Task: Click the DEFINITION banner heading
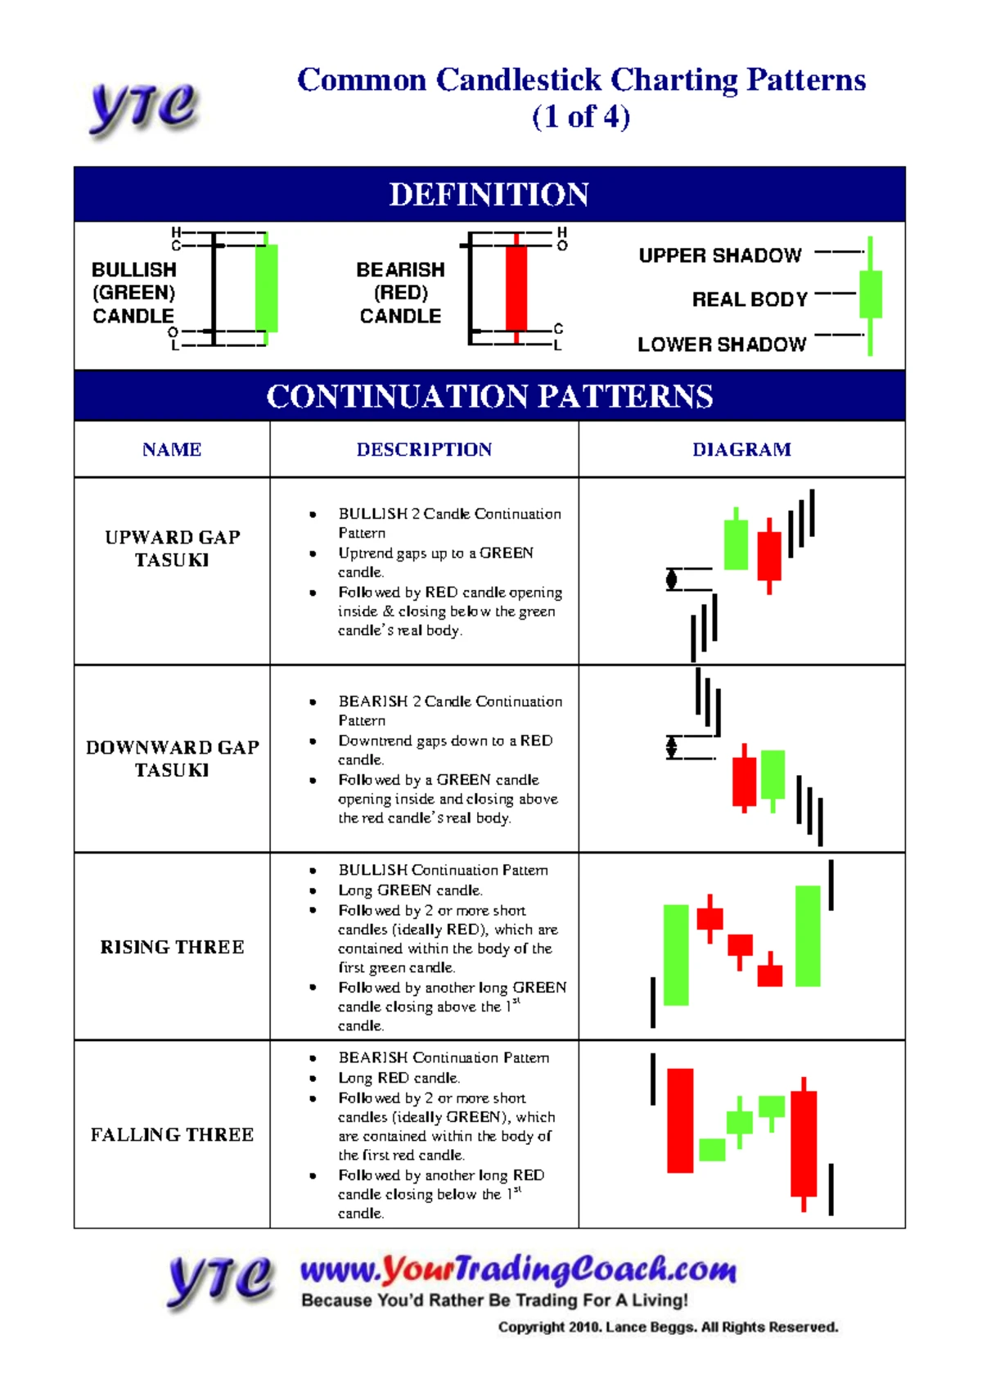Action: pos(489,194)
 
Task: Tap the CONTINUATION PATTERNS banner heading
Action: pos(489,396)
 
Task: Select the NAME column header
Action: pos(172,449)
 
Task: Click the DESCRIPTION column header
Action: pos(424,449)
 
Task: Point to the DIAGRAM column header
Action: pos(741,449)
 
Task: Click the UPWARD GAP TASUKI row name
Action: pos(172,548)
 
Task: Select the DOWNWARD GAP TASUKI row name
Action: pos(172,759)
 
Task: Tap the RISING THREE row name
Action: pos(172,947)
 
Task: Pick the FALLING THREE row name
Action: pos(172,1134)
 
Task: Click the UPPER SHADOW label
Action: pos(720,255)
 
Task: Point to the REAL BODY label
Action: pos(750,300)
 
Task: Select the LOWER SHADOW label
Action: pos(722,345)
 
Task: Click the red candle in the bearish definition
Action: pos(516,288)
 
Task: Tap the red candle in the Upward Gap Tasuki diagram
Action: pos(769,556)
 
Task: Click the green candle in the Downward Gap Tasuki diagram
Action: pos(773,779)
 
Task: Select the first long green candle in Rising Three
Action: pos(676,955)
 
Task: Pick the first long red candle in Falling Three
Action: pos(680,1120)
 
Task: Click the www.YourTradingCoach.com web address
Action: pos(519,1269)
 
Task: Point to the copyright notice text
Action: pos(668,1327)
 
